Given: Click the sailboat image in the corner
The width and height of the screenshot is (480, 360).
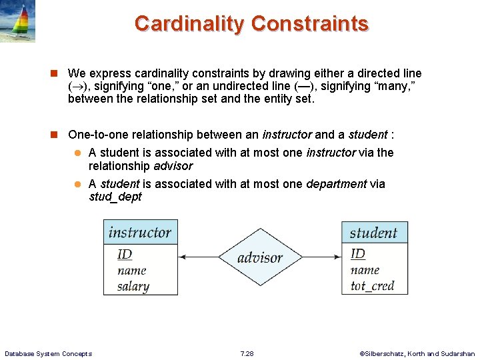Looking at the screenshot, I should click(18, 21).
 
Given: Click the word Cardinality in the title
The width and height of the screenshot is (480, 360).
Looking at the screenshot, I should click(189, 23).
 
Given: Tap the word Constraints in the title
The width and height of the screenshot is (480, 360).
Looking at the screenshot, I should click(309, 23).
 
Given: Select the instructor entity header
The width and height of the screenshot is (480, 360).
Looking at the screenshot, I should click(140, 232).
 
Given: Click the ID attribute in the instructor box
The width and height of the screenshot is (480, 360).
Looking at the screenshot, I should click(125, 254).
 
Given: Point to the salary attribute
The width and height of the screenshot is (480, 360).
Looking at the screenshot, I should click(133, 286).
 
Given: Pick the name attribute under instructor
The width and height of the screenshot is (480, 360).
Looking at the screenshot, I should click(131, 270).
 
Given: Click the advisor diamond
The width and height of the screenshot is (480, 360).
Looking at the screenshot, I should click(259, 257).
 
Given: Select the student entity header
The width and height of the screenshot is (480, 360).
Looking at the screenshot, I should click(373, 233).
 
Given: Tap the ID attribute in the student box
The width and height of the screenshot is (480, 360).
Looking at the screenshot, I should click(358, 253).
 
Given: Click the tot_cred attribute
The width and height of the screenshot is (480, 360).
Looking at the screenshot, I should click(372, 286).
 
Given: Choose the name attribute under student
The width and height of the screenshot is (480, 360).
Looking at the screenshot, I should click(365, 270).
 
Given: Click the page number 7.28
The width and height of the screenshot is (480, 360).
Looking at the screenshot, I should click(247, 353).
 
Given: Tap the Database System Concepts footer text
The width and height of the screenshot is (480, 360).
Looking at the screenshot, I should click(48, 353).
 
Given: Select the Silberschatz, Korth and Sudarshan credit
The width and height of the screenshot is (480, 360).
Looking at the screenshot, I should click(417, 353).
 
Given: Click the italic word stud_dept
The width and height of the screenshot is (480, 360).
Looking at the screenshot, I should click(115, 197).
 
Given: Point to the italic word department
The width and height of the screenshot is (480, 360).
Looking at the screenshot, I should click(336, 183).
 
